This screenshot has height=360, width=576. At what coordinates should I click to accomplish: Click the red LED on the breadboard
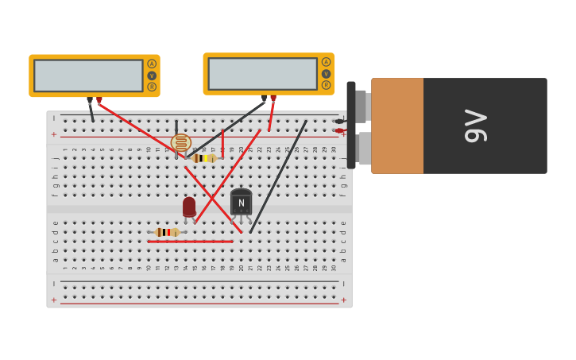[189, 207]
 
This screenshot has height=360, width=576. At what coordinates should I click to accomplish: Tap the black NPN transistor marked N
[241, 203]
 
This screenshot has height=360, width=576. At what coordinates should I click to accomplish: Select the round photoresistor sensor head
[181, 143]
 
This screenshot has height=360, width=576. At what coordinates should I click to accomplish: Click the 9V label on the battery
[475, 126]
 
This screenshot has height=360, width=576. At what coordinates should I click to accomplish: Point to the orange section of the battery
[396, 126]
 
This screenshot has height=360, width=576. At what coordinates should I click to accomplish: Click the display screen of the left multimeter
[88, 75]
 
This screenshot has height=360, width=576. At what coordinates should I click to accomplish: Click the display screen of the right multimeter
[262, 74]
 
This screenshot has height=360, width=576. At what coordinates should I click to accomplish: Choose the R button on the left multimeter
[152, 87]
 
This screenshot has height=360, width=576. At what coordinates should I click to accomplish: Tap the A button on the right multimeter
[326, 62]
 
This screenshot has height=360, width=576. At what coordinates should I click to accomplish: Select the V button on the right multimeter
[326, 74]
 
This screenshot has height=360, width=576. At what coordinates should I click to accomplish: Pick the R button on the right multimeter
[326, 85]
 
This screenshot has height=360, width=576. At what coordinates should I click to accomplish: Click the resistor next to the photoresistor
[204, 158]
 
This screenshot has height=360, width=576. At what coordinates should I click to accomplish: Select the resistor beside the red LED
[166, 233]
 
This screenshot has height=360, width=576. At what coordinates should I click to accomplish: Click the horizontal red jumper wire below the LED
[190, 242]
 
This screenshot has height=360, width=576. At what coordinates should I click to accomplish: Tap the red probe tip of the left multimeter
[99, 100]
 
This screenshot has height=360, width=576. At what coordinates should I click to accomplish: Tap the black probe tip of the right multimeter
[265, 99]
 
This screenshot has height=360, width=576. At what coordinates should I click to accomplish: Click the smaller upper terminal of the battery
[361, 106]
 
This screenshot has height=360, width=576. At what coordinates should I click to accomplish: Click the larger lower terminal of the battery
[363, 149]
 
